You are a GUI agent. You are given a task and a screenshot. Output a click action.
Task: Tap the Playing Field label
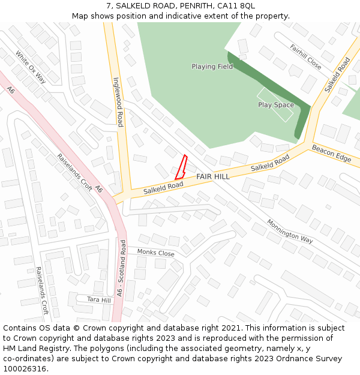click(212, 67)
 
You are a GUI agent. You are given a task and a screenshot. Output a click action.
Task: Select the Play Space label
click(276, 105)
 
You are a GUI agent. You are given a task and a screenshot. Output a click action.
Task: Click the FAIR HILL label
click(212, 177)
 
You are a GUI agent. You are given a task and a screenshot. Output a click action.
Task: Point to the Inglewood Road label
click(118, 101)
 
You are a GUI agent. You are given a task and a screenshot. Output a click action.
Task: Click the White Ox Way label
click(31, 66)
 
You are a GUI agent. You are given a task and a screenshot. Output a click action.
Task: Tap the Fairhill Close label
click(305, 57)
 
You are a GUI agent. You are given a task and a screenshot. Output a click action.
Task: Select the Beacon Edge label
click(331, 152)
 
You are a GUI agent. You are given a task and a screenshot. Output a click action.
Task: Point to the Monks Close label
click(155, 253)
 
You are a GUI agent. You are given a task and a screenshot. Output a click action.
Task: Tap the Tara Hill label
click(99, 299)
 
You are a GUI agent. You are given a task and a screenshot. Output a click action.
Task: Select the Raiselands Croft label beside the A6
click(74, 172)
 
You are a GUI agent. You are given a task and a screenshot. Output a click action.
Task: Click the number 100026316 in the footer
click(25, 368)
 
